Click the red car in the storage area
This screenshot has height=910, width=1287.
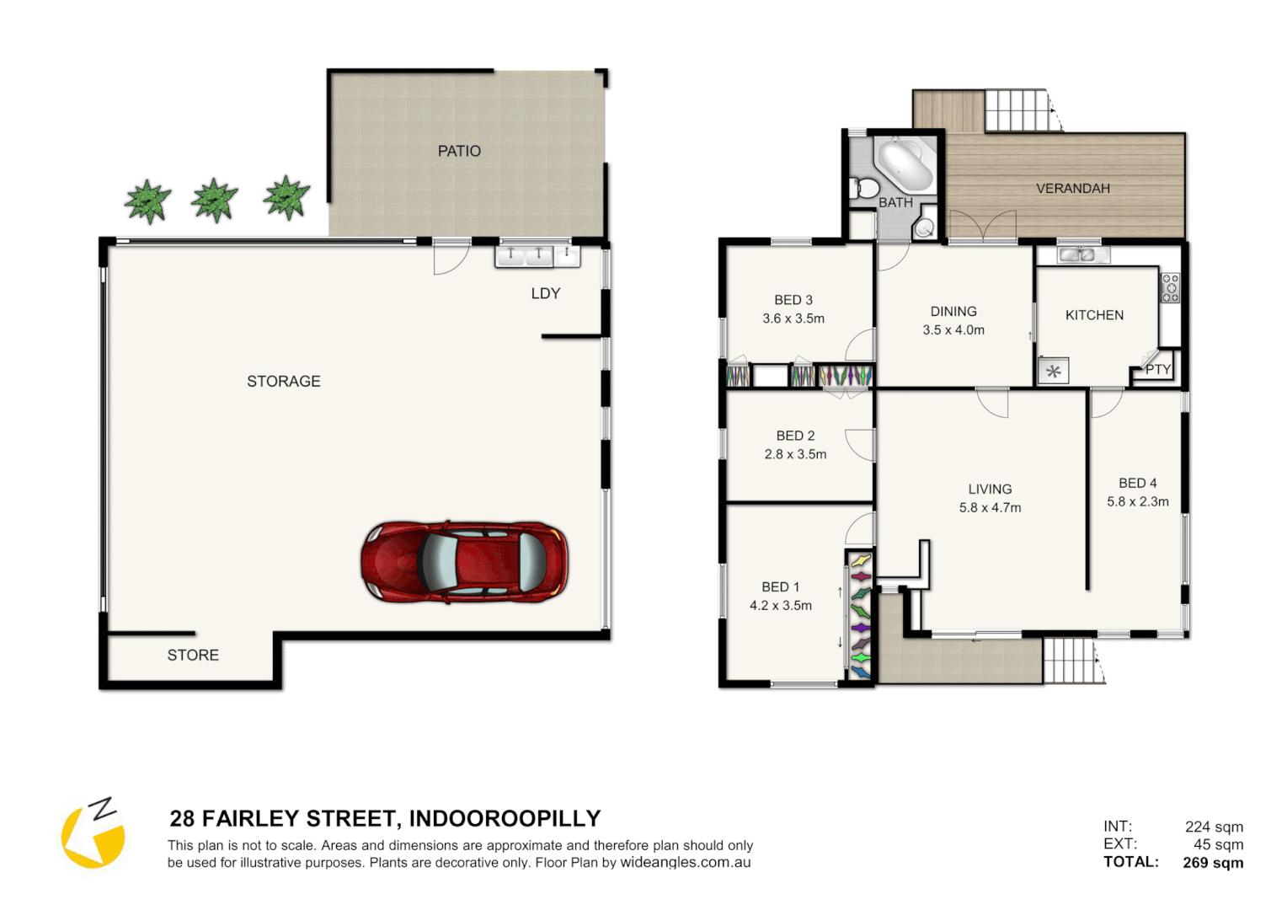coord(464,562)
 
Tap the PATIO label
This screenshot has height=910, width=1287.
coord(459,152)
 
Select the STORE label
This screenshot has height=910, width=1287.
coord(193,656)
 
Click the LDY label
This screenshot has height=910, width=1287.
coord(546,294)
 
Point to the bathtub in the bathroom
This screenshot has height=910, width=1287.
coord(905,164)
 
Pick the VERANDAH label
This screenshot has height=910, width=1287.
coord(1072,189)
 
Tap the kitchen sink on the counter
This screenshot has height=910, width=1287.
coord(1076,254)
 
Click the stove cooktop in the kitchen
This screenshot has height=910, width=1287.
coord(1170,288)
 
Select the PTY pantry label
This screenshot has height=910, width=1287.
coord(1157,370)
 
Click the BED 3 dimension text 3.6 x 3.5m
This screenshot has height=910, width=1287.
coord(793,319)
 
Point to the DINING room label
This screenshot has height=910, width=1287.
coord(953,312)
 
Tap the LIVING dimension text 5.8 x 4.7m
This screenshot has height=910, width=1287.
coord(990,508)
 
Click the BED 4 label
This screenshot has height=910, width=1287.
coord(1137,484)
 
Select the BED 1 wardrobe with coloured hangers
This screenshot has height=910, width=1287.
coord(860,615)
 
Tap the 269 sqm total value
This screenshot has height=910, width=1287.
coord(1213,863)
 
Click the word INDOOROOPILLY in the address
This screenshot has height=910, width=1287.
coord(505,819)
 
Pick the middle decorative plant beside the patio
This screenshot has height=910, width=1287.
coord(214,201)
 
